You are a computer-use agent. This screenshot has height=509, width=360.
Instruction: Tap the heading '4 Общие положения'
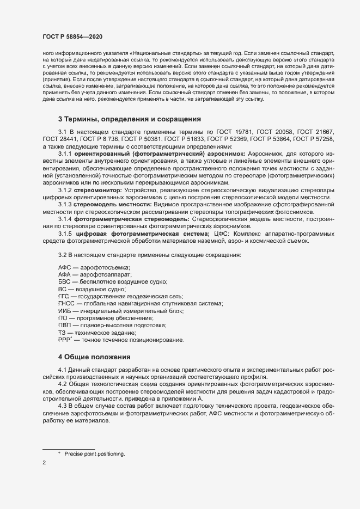point(94,357)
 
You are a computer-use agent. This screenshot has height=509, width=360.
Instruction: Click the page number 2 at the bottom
point(44,463)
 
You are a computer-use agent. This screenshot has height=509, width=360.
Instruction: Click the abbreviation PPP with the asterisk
point(65,339)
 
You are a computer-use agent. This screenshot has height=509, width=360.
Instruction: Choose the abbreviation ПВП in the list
point(65,325)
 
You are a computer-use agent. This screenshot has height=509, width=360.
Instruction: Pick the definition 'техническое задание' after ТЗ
point(108,332)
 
